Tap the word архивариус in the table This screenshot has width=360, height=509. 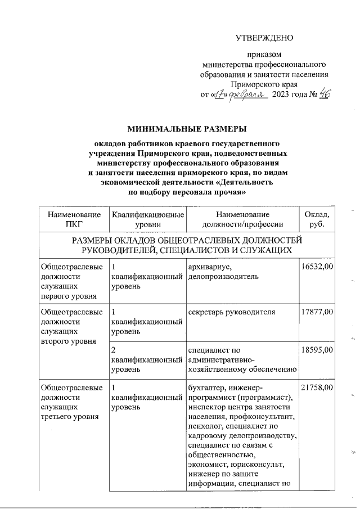208,267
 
